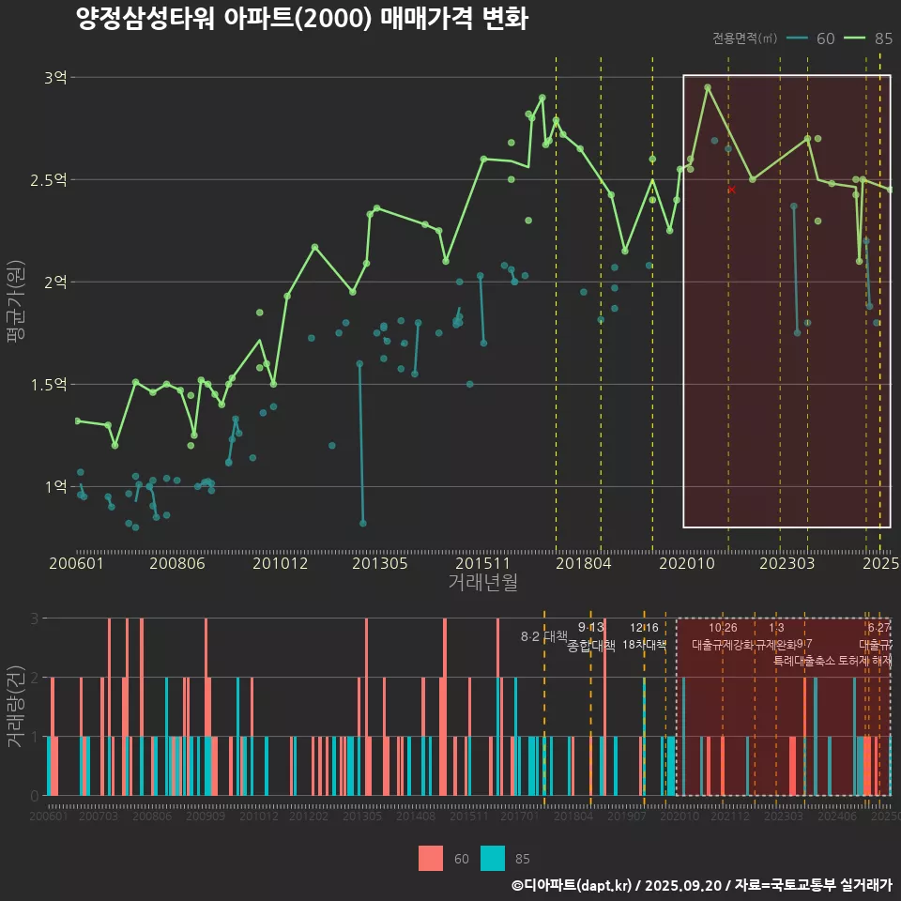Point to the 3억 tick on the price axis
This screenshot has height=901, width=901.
point(55,78)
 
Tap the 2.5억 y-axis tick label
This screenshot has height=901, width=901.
point(49,179)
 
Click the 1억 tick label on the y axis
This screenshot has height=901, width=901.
point(55,486)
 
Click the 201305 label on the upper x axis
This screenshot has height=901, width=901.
point(378,564)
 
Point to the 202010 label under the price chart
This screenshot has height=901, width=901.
point(682,564)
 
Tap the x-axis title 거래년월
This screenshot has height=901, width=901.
point(482,583)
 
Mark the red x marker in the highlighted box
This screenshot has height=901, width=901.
point(732,190)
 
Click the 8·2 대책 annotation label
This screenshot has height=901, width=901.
point(544,636)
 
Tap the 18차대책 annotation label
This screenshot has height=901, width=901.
point(644,645)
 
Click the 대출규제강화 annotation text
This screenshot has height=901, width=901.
point(722,645)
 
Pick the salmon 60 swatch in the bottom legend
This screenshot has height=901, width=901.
point(431,858)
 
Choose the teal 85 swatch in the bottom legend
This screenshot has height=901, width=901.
point(493,858)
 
